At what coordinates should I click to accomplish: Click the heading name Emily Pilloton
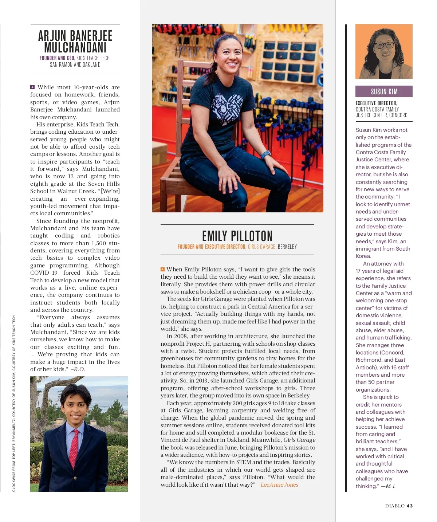point(237,236)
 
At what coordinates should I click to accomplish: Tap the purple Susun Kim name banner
point(384,91)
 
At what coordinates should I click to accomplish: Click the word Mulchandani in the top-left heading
point(75,48)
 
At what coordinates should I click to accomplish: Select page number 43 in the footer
point(410,506)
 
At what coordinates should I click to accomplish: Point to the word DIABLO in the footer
point(395,506)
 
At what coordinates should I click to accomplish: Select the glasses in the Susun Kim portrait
point(384,46)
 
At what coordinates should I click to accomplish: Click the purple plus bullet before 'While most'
point(32,87)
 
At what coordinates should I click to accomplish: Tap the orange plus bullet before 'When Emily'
point(162,270)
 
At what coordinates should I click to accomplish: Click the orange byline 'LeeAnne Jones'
point(279,484)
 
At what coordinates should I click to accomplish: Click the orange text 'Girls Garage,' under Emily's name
point(262,247)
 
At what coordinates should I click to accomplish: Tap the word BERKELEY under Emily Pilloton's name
point(287,247)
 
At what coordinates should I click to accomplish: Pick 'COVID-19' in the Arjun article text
point(44,273)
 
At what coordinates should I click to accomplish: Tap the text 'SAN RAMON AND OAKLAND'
point(75,65)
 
